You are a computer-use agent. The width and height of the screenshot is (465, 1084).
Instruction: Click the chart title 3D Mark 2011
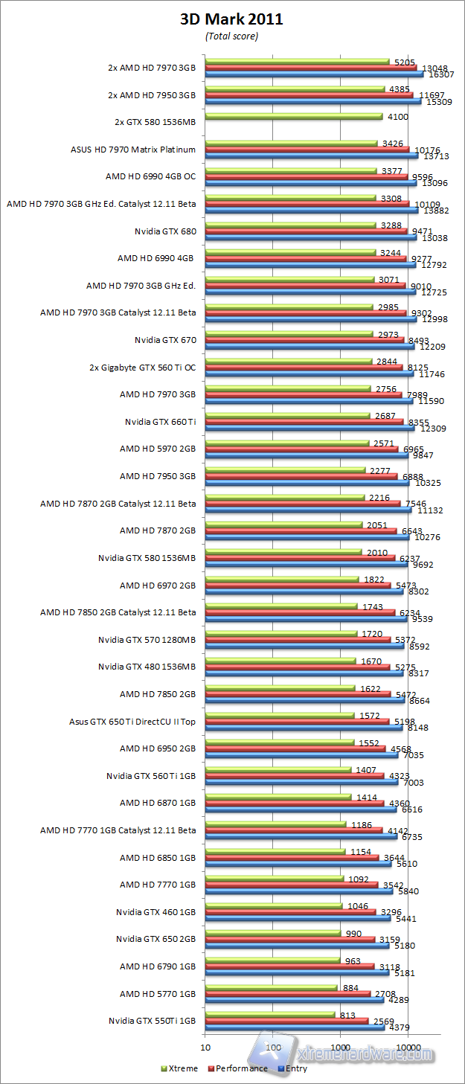click(231, 19)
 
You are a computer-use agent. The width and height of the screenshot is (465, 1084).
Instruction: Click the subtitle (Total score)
click(231, 36)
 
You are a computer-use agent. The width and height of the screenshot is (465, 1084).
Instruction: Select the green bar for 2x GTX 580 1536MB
click(293, 116)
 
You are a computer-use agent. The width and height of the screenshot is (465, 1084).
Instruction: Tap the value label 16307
click(438, 74)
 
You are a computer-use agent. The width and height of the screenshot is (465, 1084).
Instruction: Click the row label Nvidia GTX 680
click(166, 231)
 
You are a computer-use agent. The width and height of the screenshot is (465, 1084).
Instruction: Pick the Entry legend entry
click(295, 1068)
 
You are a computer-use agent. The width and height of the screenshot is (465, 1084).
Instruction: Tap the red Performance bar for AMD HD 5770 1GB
click(287, 993)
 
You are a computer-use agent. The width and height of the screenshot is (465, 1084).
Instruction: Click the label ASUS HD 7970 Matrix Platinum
click(133, 150)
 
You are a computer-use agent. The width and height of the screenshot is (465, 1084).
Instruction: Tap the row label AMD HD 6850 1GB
click(158, 857)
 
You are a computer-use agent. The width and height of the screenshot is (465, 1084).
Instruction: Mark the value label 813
click(347, 1015)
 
